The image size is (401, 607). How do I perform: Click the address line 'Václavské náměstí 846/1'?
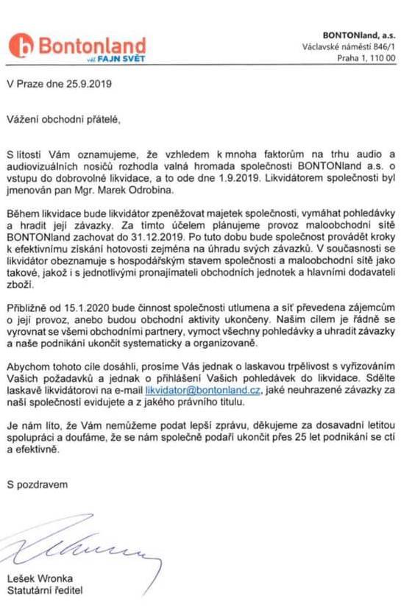click(349, 47)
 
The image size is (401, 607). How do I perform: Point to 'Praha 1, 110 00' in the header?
click(365, 60)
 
